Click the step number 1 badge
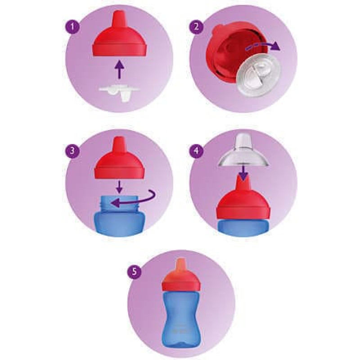[72, 27]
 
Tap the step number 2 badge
[196, 27]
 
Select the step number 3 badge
[72, 151]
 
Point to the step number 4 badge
[196, 151]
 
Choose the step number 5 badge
[134, 272]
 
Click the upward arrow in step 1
[119, 69]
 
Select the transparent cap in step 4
[243, 152]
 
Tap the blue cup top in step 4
[243, 228]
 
